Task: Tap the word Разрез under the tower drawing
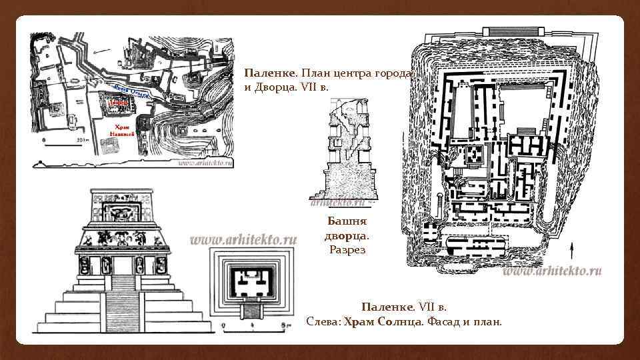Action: click(347, 249)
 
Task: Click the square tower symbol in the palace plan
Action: click(475, 155)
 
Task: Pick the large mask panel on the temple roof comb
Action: click(121, 213)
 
